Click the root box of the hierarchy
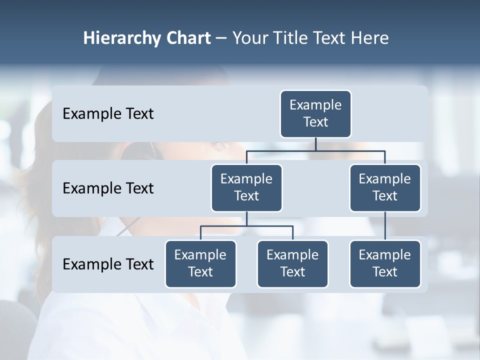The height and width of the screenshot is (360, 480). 315,114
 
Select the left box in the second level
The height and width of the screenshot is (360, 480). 246,188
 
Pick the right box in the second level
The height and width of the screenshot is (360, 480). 385,188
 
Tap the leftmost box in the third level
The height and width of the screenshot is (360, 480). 200,264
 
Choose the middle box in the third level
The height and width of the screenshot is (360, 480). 292,264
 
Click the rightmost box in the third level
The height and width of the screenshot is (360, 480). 385,264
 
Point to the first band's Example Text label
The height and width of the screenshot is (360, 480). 108,114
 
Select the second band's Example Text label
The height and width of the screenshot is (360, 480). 108,188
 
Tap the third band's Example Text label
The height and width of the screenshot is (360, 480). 108,264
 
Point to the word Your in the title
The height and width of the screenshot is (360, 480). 250,38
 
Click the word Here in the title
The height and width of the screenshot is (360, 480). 370,38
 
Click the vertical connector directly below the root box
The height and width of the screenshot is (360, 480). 315,144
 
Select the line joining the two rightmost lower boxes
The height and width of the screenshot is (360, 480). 385,226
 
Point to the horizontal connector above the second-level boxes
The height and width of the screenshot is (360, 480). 315,150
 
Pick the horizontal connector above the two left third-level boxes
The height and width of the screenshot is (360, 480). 246,226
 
